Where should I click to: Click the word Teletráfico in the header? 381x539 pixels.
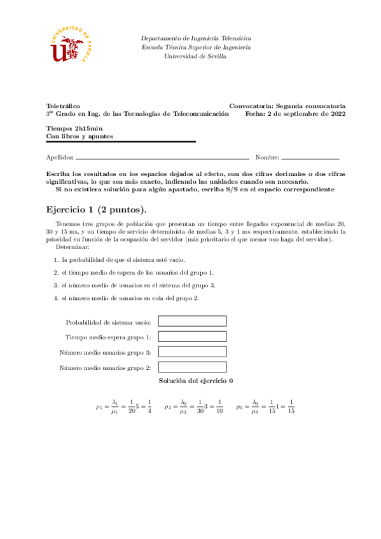pos(63,106)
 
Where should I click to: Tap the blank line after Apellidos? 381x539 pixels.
pos(162,158)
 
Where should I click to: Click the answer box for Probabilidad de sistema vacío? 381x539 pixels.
pos(191,322)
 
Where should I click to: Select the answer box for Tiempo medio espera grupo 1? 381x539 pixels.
pos(191,337)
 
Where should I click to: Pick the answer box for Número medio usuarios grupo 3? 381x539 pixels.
pos(191,352)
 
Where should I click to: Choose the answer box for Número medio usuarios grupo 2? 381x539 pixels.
pos(191,367)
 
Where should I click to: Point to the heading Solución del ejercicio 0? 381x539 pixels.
pos(196,380)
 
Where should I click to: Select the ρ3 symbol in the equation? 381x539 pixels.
pos(239,406)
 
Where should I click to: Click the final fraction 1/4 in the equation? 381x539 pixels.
pos(148,406)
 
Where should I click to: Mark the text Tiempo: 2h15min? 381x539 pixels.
pos(69,128)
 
